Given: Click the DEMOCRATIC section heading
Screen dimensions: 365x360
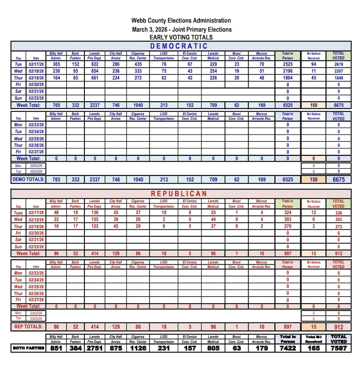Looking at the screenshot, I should click(x=179, y=46).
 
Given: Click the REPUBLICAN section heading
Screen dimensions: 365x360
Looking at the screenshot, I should click(x=179, y=193).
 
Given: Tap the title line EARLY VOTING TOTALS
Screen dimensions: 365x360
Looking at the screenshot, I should click(x=181, y=37).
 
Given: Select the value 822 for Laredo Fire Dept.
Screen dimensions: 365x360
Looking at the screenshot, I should click(x=94, y=64).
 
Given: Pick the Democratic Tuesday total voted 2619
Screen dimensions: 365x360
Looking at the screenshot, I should click(x=338, y=64).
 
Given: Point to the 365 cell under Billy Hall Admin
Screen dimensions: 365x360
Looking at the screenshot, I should click(x=56, y=64).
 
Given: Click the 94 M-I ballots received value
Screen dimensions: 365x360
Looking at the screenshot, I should click(x=313, y=64).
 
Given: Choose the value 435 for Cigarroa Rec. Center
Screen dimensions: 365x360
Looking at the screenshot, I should click(x=138, y=64).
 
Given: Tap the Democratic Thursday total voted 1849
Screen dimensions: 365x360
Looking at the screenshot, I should click(x=338, y=78).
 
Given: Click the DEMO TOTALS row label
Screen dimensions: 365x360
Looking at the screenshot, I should click(x=28, y=179).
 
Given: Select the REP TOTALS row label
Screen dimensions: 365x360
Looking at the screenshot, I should click(x=28, y=326).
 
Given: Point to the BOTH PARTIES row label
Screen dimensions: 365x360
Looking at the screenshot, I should click(x=28, y=348).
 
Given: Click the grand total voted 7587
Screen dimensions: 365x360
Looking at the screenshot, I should click(x=338, y=348).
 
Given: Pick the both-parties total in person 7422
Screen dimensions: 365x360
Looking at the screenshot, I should click(x=288, y=348).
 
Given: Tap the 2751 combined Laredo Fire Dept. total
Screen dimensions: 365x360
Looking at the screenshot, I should click(x=95, y=348).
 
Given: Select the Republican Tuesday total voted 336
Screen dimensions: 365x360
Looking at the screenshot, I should click(x=338, y=213).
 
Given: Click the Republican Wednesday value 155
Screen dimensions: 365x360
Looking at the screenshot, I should click(x=94, y=219).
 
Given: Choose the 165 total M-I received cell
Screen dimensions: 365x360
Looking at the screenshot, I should click(x=313, y=348).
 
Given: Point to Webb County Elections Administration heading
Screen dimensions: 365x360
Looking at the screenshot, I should click(x=181, y=21).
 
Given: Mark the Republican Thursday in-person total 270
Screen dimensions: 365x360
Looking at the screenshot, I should click(x=288, y=226).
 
